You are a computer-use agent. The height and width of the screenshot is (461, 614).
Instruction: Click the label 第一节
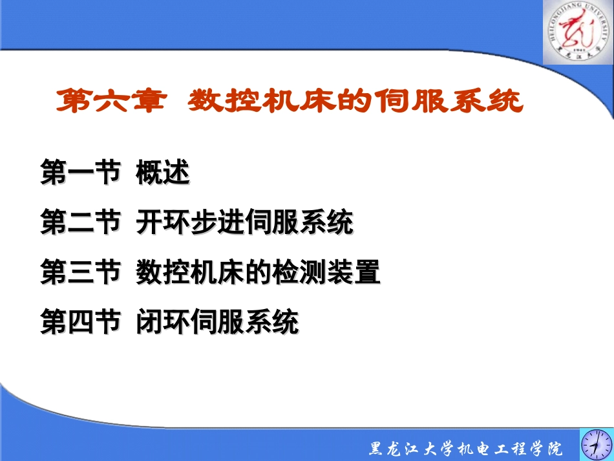[80, 173]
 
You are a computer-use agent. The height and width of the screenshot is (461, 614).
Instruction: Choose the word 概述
[162, 173]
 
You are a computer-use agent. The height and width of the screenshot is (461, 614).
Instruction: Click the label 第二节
[80, 223]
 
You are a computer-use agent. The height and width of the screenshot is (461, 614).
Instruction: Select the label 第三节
[80, 272]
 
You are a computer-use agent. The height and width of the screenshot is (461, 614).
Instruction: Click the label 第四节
[80, 322]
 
